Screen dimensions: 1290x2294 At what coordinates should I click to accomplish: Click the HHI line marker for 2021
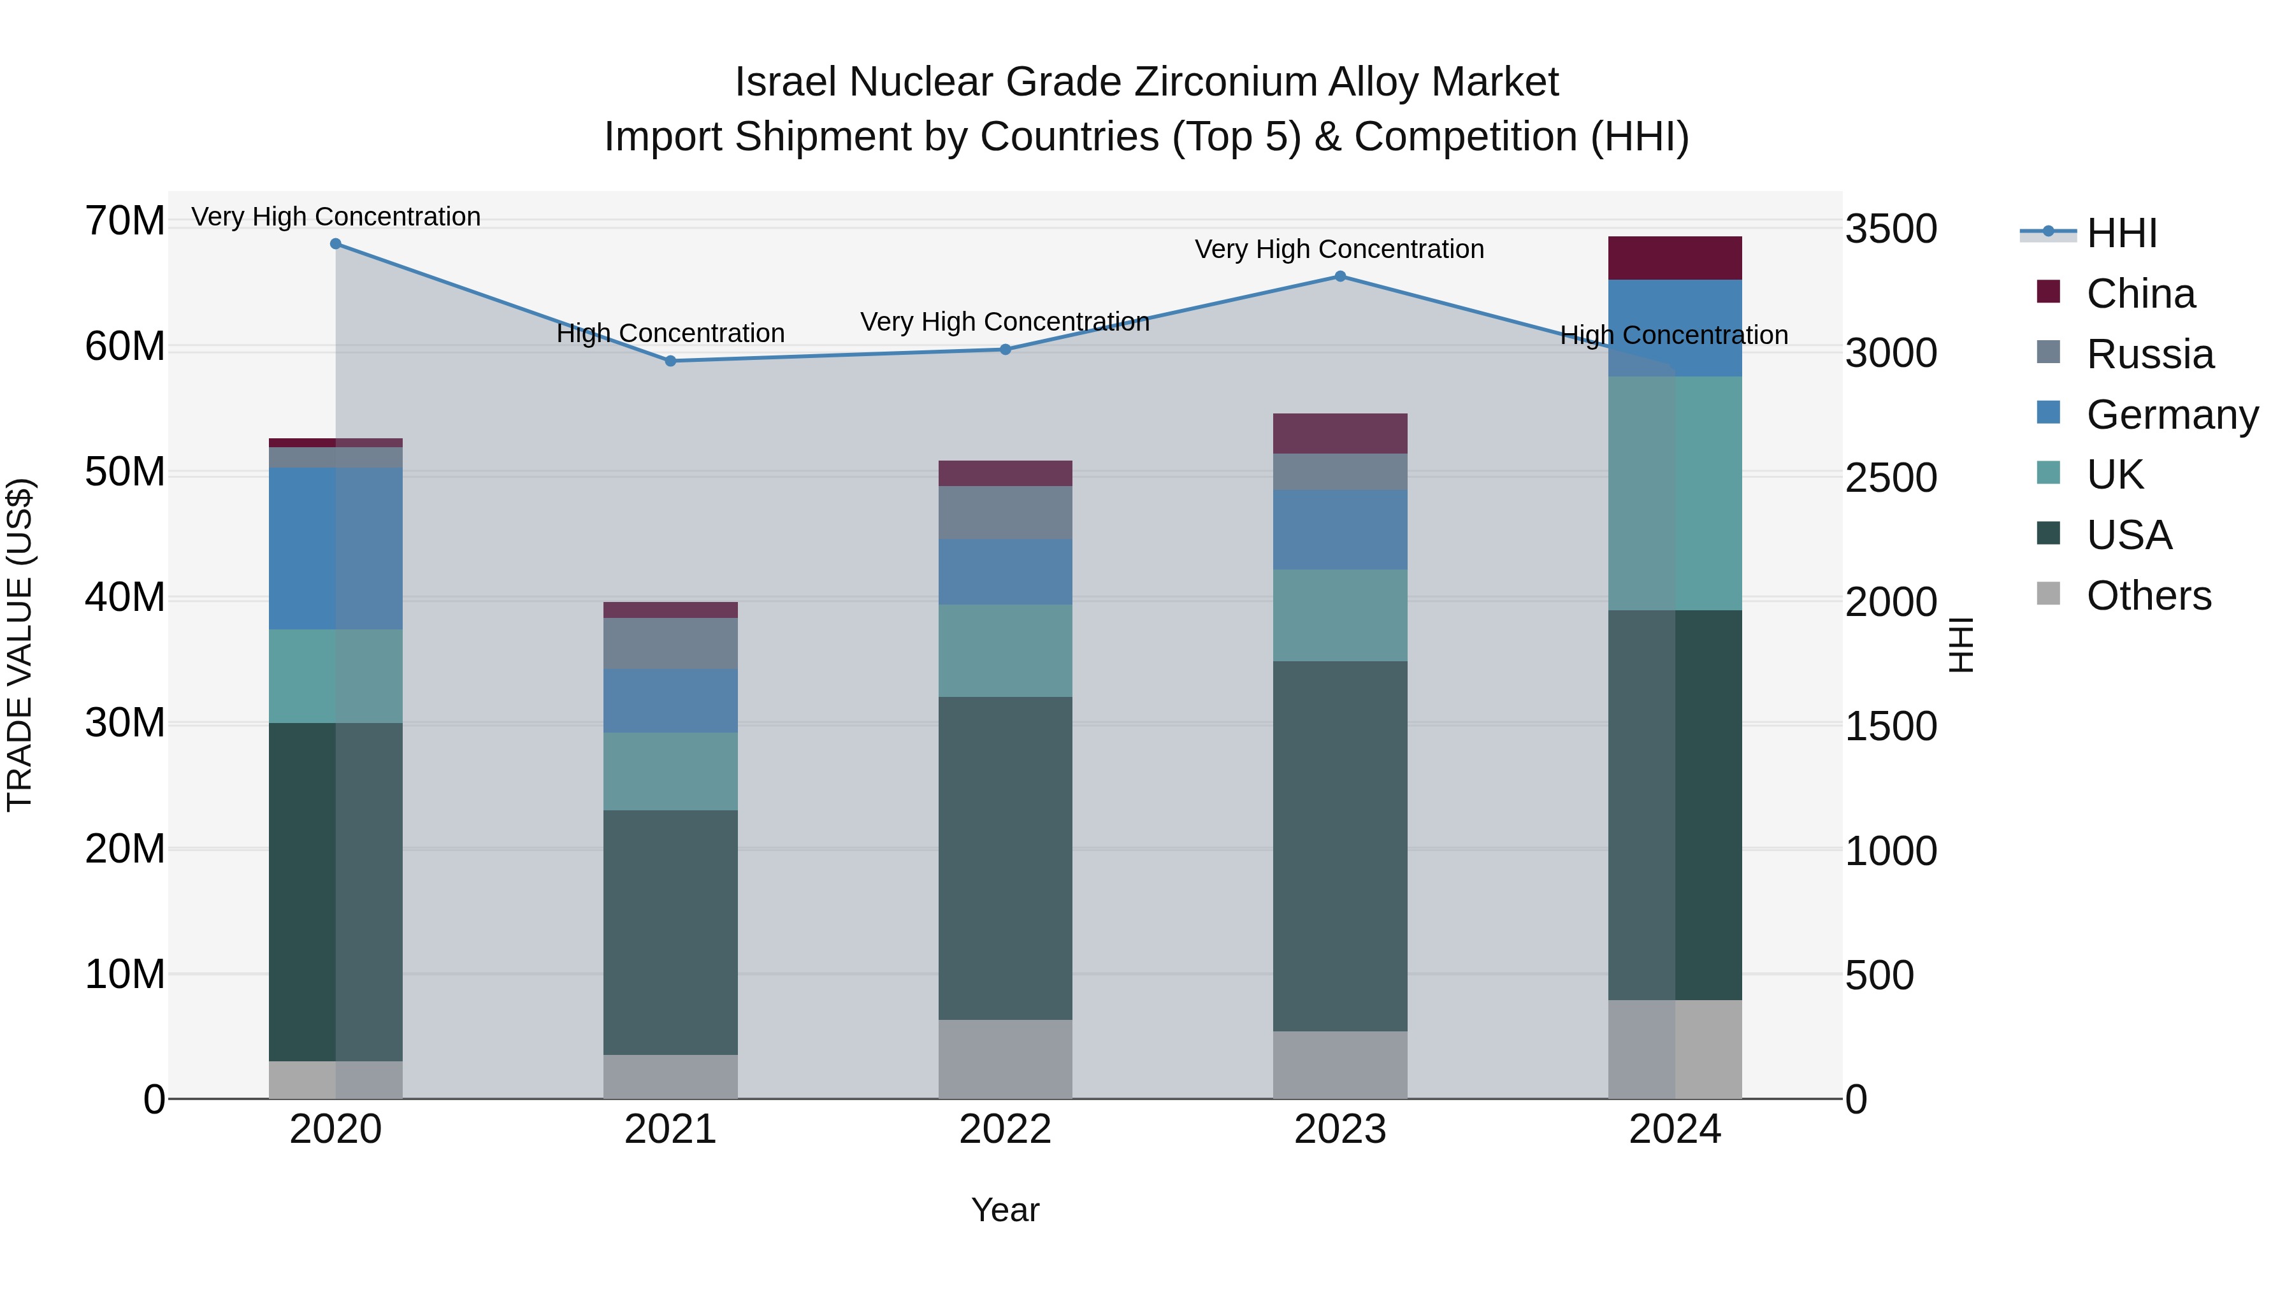click(x=670, y=361)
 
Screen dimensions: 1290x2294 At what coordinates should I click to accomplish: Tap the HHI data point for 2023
click(x=1339, y=276)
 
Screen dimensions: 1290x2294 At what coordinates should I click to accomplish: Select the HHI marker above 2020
click(x=336, y=244)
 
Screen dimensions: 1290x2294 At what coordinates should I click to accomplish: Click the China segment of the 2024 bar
click(x=1674, y=258)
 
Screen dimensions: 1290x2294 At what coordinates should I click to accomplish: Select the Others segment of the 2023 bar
click(x=1339, y=1064)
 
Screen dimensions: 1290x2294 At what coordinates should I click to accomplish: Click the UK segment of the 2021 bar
click(x=670, y=771)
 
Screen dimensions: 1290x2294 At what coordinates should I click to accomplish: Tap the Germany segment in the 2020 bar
click(x=336, y=547)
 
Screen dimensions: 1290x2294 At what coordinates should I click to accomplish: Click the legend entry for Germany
click(x=2171, y=415)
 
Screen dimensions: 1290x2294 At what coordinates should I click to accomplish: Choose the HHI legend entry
click(x=2120, y=233)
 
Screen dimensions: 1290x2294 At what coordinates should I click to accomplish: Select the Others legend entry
click(x=2148, y=596)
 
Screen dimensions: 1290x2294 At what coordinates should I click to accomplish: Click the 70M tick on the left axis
click(x=125, y=221)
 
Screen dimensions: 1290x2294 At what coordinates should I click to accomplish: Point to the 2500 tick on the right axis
click(x=1890, y=478)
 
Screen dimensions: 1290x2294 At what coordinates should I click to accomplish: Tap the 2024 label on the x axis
click(x=1674, y=1129)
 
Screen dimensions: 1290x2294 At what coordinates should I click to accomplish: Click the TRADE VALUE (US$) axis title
click(x=20, y=645)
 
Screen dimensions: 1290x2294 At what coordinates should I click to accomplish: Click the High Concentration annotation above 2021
click(x=670, y=333)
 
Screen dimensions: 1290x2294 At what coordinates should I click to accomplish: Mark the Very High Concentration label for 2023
click(x=1339, y=249)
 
